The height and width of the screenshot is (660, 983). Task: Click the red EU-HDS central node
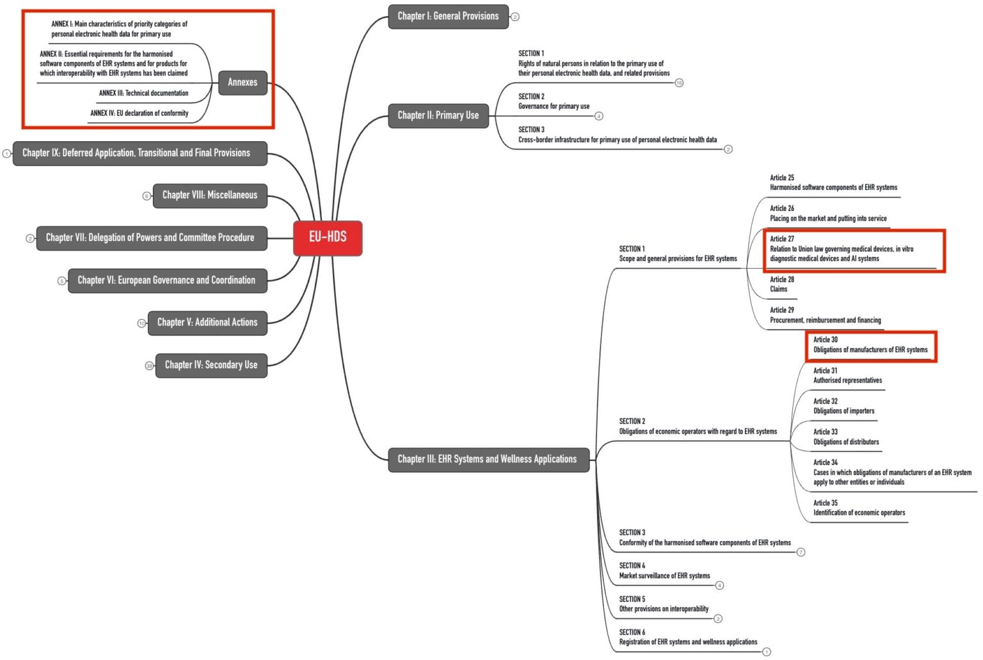click(328, 237)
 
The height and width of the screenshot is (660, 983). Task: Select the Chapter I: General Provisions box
click(448, 16)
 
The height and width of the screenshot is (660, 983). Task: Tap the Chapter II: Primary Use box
click(438, 115)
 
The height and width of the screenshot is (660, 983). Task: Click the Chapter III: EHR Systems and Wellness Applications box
click(488, 459)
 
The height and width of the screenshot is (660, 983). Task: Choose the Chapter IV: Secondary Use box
click(211, 365)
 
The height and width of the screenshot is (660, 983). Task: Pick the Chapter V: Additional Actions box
click(207, 322)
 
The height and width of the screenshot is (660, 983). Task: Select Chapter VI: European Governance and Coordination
click(166, 280)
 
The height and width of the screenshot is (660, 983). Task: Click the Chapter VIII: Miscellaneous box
click(210, 195)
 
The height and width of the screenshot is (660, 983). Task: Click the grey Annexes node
click(243, 82)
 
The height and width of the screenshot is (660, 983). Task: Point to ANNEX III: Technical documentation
click(143, 93)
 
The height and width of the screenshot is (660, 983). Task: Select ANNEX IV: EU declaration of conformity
click(139, 113)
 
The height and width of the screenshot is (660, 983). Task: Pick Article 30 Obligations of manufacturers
click(870, 345)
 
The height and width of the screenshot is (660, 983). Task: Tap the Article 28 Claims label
click(781, 285)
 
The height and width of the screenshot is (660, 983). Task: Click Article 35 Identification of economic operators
click(859, 508)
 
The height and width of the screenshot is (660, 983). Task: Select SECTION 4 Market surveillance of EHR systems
click(664, 571)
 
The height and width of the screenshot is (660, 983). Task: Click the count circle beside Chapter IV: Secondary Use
click(149, 366)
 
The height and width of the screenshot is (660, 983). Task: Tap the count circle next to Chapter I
click(515, 17)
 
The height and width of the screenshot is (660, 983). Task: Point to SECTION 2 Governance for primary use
click(554, 102)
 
